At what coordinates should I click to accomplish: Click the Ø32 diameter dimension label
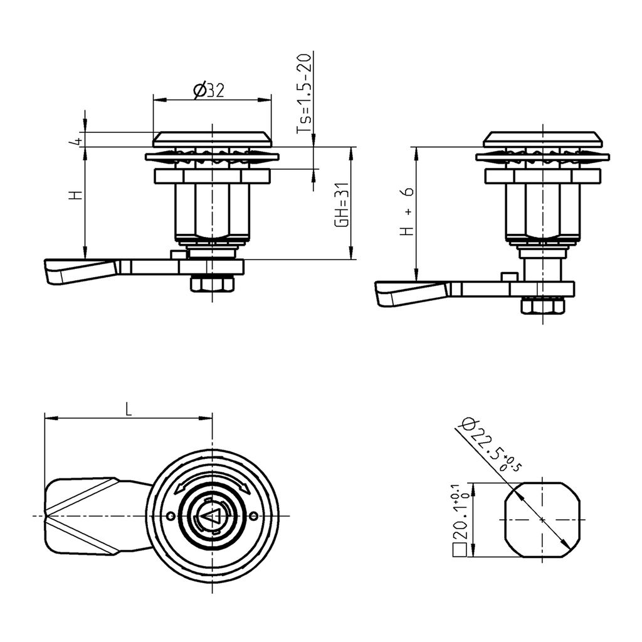pos(209,91)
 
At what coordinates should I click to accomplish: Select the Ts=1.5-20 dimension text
pos(303,93)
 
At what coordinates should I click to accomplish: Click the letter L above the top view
pos(129,409)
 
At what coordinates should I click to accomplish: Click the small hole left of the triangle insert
pos(171,516)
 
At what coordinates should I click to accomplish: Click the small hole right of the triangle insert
pos(253,516)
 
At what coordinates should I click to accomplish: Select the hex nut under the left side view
pos(213,284)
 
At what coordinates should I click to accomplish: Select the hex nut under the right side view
pos(543,306)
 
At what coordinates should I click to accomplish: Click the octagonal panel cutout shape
pos(542,519)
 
